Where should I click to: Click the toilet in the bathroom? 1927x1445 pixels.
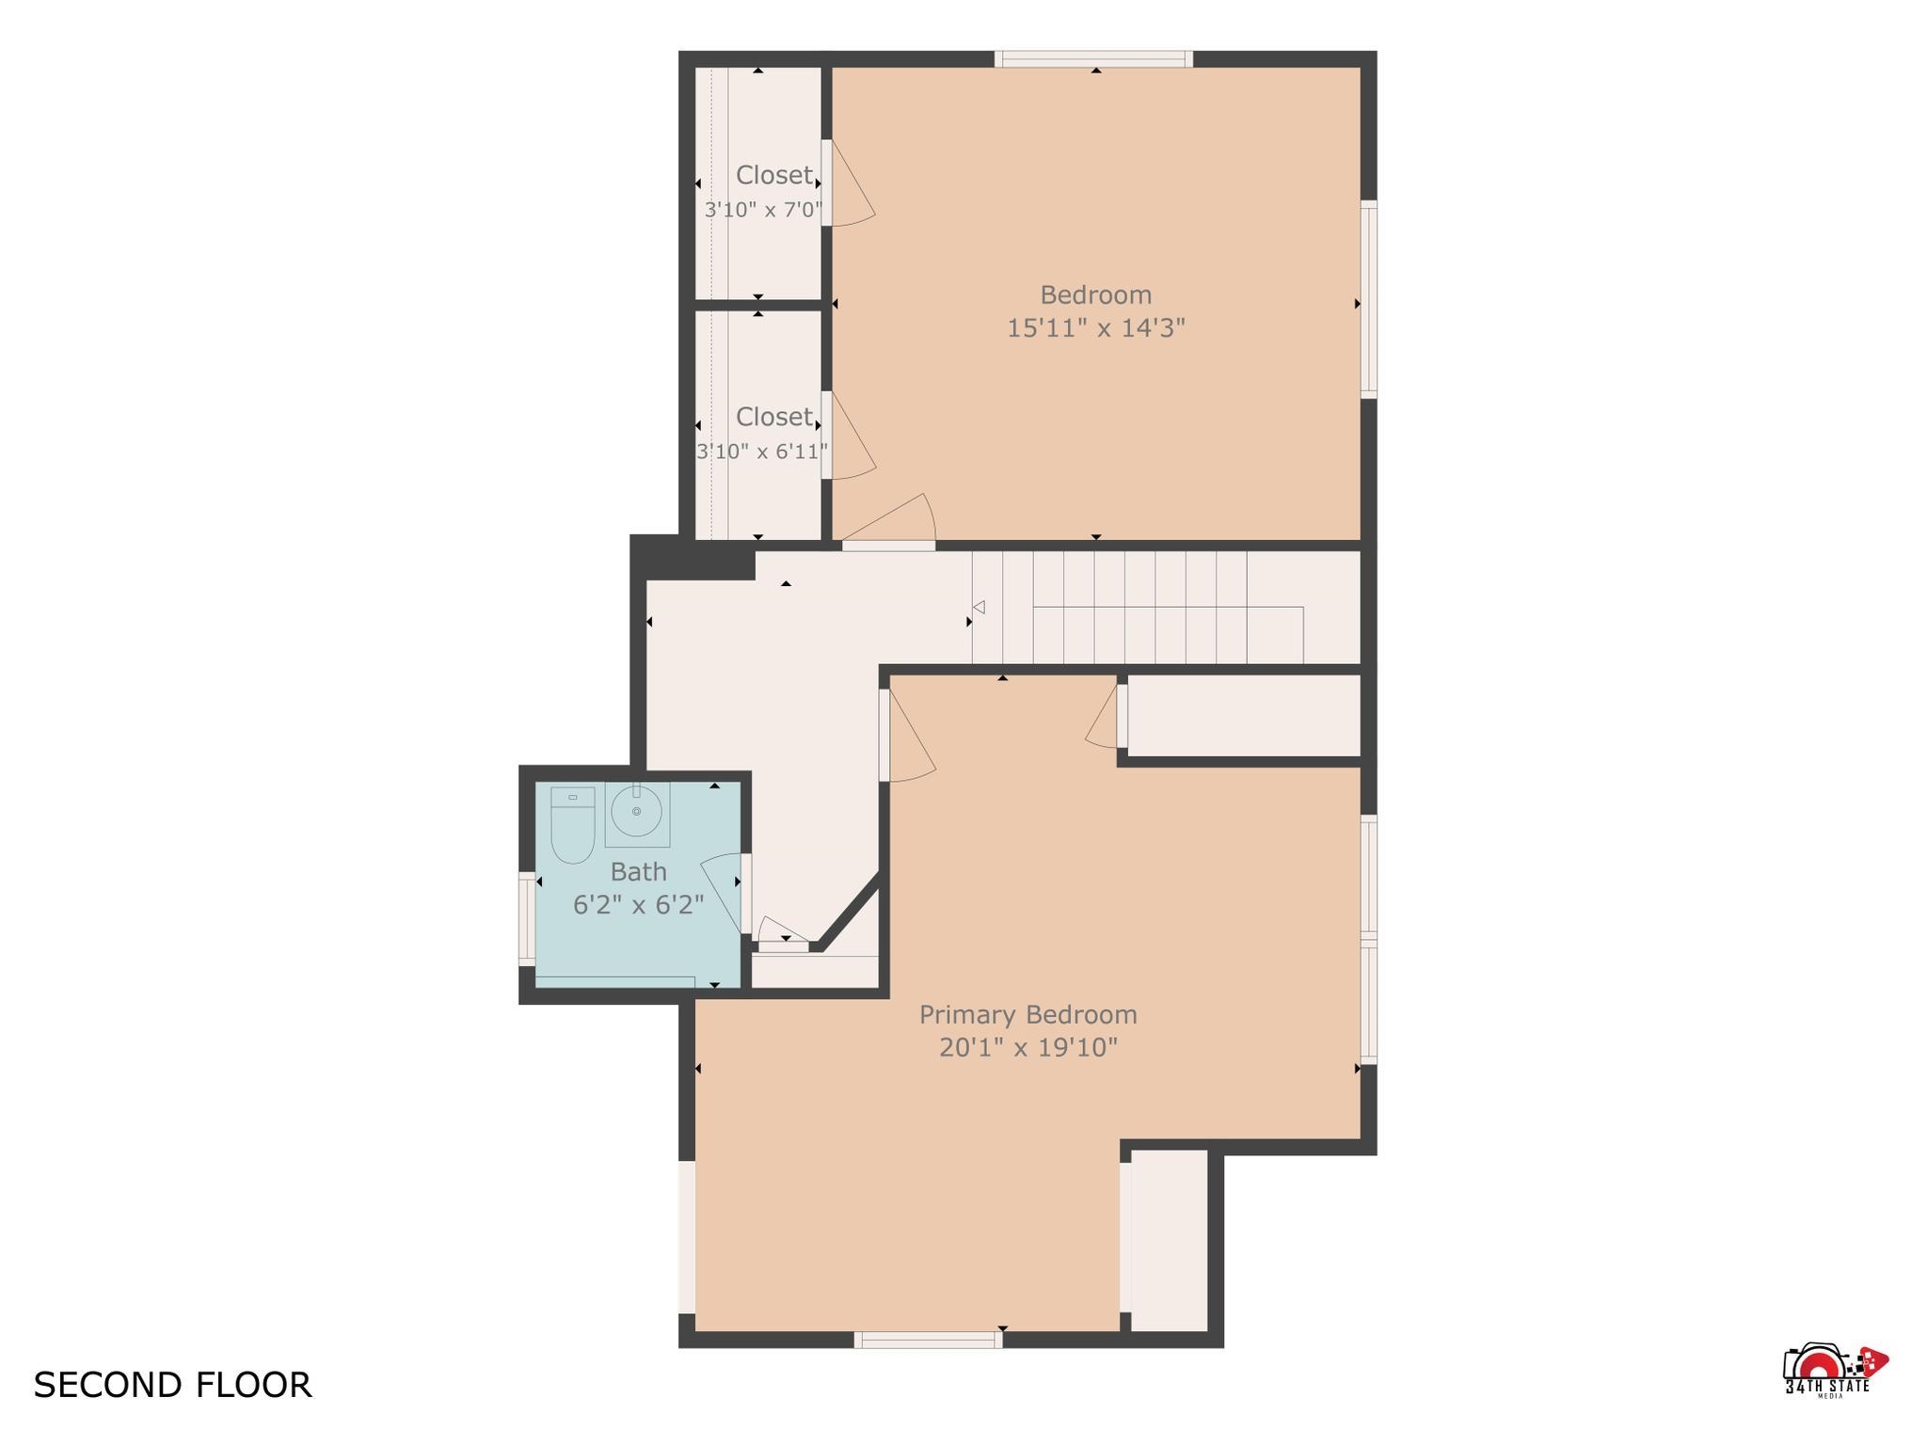pyautogui.click(x=572, y=825)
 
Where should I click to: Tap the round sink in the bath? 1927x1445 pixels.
pyautogui.click(x=637, y=811)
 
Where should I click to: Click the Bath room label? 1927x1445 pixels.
pyautogui.click(x=639, y=872)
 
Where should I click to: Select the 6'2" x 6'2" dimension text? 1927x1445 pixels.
pyautogui.click(x=639, y=905)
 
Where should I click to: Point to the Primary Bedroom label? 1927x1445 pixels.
pyautogui.click(x=1028, y=1016)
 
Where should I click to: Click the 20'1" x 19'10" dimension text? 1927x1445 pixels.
pyautogui.click(x=1028, y=1048)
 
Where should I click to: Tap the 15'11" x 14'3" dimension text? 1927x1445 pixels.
pyautogui.click(x=1096, y=328)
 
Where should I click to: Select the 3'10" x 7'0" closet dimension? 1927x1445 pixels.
pyautogui.click(x=764, y=210)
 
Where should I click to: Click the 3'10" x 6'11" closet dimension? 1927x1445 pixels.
pyautogui.click(x=762, y=452)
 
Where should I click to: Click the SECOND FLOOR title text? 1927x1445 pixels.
pyautogui.click(x=172, y=1386)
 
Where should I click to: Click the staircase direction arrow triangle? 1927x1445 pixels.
pyautogui.click(x=979, y=608)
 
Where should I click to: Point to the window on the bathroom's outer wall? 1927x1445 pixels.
pyautogui.click(x=527, y=918)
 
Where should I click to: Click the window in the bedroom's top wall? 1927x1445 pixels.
pyautogui.click(x=1093, y=59)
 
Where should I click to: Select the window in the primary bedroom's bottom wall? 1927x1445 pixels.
pyautogui.click(x=928, y=1340)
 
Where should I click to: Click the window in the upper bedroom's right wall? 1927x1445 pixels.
pyautogui.click(x=1369, y=299)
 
